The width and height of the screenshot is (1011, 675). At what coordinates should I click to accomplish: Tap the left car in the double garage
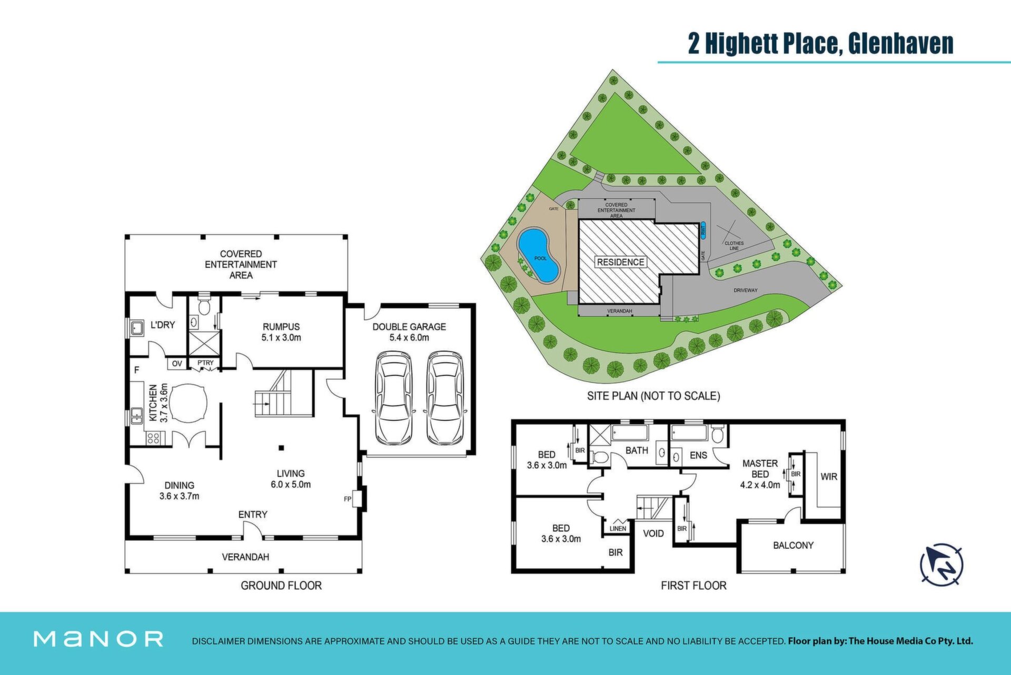393,398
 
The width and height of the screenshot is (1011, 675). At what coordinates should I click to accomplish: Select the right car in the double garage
445,398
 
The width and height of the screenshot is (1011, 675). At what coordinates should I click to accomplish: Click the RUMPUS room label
281,327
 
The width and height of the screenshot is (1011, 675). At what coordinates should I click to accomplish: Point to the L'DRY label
163,325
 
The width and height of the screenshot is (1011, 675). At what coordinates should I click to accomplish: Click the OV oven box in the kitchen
177,364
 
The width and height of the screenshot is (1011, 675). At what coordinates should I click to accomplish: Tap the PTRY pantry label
206,362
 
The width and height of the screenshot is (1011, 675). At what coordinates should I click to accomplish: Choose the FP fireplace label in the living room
348,499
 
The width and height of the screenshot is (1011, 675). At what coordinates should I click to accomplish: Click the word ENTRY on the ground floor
253,515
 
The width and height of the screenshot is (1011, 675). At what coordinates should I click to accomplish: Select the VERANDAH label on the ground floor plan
245,557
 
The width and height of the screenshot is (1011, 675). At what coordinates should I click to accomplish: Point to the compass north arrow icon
941,564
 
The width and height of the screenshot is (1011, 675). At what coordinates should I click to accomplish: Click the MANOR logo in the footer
98,639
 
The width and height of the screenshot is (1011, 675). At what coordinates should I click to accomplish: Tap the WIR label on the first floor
829,477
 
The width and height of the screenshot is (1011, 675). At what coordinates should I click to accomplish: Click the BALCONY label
793,546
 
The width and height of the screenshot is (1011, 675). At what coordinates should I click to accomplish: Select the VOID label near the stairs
653,533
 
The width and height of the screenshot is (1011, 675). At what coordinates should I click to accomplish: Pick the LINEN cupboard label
618,528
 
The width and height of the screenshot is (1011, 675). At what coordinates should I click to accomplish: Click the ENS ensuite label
698,455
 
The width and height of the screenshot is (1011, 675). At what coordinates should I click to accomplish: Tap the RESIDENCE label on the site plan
620,262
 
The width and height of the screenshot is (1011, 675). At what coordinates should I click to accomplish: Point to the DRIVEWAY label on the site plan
746,290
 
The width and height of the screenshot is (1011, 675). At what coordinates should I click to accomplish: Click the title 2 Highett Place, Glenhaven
820,43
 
